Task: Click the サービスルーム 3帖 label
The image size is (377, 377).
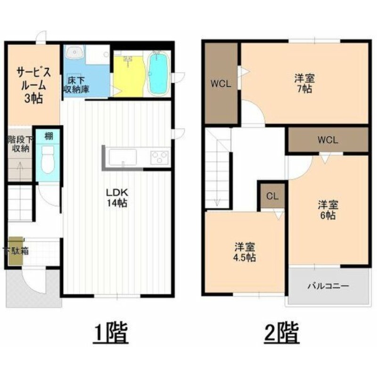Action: (x=33, y=85)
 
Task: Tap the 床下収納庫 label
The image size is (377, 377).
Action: (x=76, y=85)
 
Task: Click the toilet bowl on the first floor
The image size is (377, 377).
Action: (x=48, y=159)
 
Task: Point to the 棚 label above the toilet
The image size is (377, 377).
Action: (x=49, y=136)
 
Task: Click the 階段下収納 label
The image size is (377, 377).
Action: (x=20, y=144)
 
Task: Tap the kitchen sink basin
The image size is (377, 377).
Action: (x=123, y=157)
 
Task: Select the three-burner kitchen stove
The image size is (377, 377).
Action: (x=160, y=157)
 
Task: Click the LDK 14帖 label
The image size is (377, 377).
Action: (x=117, y=197)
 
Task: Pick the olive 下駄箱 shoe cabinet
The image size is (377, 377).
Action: (x=16, y=251)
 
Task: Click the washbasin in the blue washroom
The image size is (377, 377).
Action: (x=75, y=52)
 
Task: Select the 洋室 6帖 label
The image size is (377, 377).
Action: (x=328, y=210)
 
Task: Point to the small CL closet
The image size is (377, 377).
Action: (x=272, y=196)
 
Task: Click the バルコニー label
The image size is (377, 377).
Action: (x=328, y=286)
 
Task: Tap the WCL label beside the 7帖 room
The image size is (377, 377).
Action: (x=221, y=84)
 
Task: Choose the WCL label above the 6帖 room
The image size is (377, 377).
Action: (x=328, y=140)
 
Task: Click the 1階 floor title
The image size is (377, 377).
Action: (x=111, y=332)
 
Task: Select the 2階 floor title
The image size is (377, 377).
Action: (x=281, y=332)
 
